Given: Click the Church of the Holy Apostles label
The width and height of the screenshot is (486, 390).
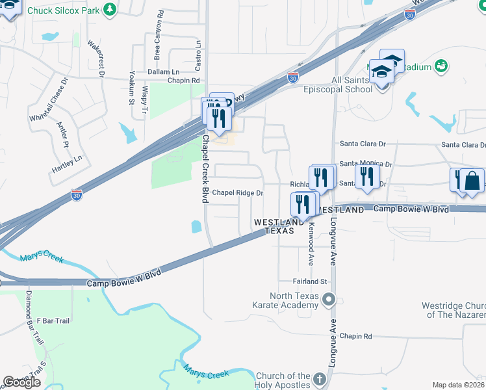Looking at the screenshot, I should tap(283, 381).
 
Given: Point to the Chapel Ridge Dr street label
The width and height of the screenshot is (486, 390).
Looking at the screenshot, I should tap(238, 193).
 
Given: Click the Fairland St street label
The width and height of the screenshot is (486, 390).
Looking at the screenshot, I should tap(309, 281).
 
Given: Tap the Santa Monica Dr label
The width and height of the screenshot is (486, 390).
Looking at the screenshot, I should tap(366, 164).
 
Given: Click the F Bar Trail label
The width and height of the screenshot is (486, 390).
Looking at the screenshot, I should tap(53, 320).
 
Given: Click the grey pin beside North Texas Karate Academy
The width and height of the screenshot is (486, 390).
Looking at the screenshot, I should tap(329, 300).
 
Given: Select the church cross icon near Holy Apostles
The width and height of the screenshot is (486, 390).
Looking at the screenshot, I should tap(319, 378).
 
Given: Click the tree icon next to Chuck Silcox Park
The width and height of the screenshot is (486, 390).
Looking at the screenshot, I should tap(110, 9).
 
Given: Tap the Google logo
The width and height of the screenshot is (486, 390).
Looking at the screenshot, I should tap(21, 382).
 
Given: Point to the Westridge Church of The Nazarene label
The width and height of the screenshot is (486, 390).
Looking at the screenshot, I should tap(454, 310).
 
